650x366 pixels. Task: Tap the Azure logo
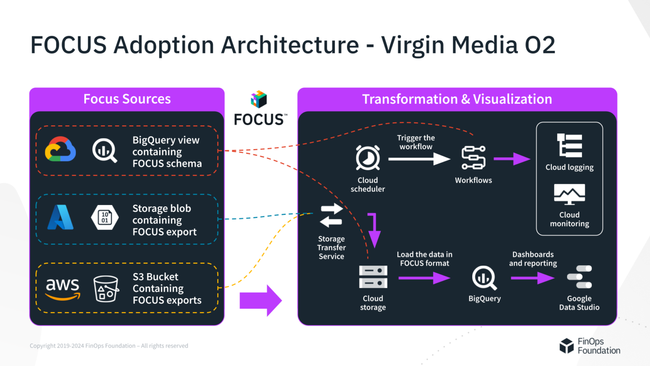click(60, 217)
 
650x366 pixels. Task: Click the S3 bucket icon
click(106, 288)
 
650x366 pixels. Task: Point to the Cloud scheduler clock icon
click(368, 158)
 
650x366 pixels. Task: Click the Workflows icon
click(473, 158)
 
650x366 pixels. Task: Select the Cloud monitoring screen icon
click(570, 194)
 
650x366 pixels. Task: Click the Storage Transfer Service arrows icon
click(331, 215)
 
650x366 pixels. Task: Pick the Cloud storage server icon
click(373, 277)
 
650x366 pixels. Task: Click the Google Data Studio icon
click(579, 277)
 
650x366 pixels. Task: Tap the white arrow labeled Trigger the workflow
click(419, 159)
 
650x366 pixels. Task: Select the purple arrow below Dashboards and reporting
click(532, 278)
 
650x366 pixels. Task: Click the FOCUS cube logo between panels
click(259, 100)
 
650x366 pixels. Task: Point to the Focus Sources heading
click(127, 99)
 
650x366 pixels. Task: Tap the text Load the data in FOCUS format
click(424, 259)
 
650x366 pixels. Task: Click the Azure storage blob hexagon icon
click(105, 217)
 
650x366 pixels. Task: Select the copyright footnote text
click(109, 346)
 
